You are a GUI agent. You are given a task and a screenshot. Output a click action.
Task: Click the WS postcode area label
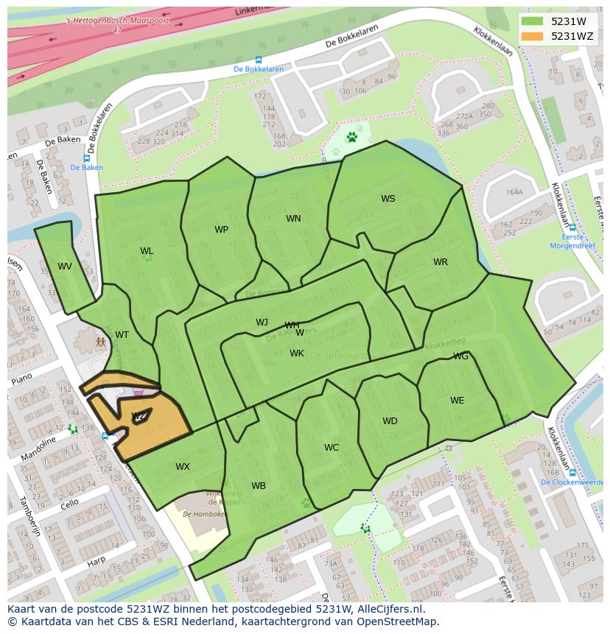point(388,199)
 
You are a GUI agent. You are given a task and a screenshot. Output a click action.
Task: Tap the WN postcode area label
point(293,219)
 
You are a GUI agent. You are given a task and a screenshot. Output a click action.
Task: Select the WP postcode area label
point(221,230)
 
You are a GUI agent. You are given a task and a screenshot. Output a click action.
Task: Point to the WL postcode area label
point(147,252)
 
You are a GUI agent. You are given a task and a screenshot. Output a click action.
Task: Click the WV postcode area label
point(65,267)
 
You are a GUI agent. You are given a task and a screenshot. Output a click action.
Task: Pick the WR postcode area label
point(440,262)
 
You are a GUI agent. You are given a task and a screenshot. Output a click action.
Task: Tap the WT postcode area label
point(122,335)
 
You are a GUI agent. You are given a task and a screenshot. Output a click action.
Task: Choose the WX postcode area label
point(182,467)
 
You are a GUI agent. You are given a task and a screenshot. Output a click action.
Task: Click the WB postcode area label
point(258,486)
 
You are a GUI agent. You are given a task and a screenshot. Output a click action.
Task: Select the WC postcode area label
point(332,448)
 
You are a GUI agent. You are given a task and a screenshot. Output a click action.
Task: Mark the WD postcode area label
point(390,421)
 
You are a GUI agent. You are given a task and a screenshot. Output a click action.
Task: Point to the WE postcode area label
point(457,401)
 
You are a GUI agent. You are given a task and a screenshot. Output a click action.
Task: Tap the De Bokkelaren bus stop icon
point(258,60)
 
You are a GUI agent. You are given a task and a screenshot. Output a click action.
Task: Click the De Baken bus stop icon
point(86,158)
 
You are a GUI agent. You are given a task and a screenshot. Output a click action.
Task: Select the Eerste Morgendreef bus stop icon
point(572,228)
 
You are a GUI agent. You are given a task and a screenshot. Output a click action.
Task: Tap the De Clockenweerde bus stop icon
point(572,473)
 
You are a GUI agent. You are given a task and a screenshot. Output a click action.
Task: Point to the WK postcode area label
point(296,353)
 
